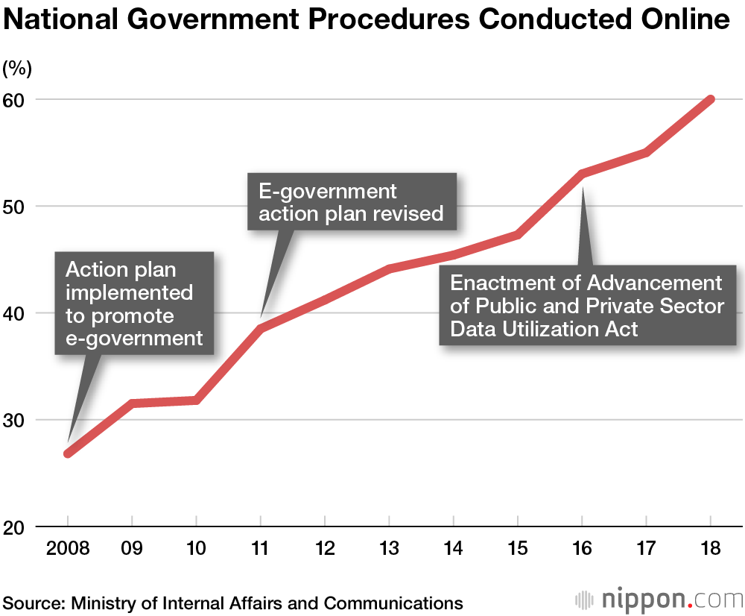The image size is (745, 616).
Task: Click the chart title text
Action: coord(367,20)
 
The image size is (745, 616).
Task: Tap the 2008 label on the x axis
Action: coord(68,549)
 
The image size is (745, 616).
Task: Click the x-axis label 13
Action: coord(389,549)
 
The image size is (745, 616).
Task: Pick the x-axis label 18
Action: coord(711,549)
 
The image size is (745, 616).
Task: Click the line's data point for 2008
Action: coord(68,453)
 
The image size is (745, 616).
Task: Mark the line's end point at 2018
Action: coord(711,99)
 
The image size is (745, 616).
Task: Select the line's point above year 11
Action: coord(261,328)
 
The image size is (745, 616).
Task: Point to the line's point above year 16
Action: coord(582,174)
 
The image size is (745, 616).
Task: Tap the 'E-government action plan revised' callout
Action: coord(351,203)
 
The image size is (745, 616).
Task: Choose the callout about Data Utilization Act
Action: coord(587,306)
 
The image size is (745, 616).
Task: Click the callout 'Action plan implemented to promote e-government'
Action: coord(134,304)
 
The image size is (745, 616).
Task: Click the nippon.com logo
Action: coord(659,600)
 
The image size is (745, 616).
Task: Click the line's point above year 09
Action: coord(132,403)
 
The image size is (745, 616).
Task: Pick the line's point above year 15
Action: coord(518,235)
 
